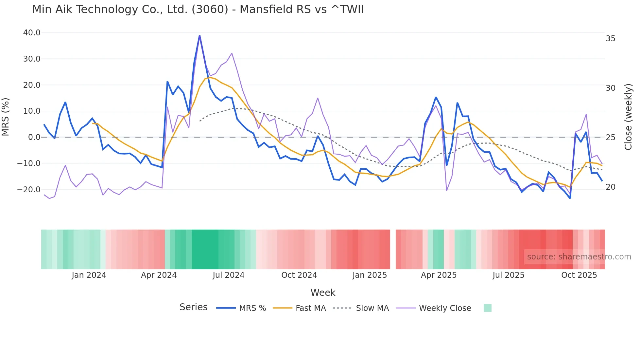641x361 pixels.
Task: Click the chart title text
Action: coord(198,9)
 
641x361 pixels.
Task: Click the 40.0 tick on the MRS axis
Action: coord(32,33)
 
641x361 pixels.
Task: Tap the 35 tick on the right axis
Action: coord(610,39)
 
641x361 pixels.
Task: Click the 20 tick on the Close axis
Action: coord(610,187)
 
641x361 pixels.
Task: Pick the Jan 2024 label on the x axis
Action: coord(89,275)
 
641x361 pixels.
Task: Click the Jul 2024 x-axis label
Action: coord(229,275)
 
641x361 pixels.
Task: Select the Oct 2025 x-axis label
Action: coord(579,275)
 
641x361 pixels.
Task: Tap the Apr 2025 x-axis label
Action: coord(439,275)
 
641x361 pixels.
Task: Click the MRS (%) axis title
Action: coord(6,117)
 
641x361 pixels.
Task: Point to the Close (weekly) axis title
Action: coord(628,117)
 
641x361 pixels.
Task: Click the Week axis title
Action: coord(323,293)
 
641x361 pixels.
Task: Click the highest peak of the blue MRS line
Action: coord(199,36)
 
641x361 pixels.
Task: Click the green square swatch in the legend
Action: coord(487,308)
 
